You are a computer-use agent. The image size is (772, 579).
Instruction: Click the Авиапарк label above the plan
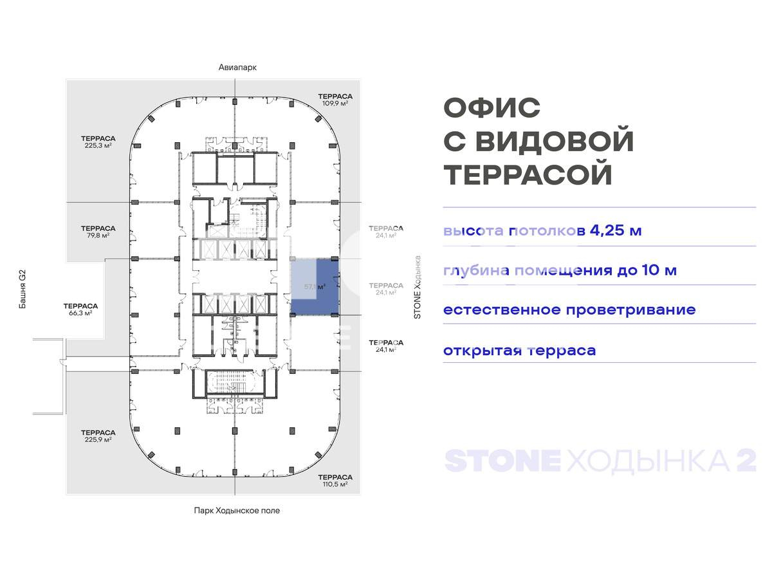[x=233, y=68]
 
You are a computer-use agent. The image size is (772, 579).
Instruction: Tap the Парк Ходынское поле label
[x=237, y=511]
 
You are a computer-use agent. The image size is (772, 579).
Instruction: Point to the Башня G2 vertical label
[x=22, y=291]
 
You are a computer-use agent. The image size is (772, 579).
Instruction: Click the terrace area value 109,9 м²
[x=335, y=103]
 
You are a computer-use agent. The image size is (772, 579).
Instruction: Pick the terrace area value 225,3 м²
[x=98, y=145]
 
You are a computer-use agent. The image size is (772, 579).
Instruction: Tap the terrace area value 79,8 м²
[x=98, y=235]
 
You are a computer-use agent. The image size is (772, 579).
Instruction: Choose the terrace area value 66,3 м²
[x=80, y=313]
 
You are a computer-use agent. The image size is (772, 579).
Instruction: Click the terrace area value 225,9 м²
[x=98, y=439]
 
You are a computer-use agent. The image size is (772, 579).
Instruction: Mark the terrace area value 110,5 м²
[x=335, y=484]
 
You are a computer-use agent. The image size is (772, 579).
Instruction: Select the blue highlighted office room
[x=314, y=286]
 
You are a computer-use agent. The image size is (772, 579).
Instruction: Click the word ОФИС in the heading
[x=492, y=107]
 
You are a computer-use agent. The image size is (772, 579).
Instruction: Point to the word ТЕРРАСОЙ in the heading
[x=528, y=175]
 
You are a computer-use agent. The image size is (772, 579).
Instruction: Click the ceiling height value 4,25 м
[x=616, y=230]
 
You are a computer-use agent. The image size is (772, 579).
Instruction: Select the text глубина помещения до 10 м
[x=560, y=270]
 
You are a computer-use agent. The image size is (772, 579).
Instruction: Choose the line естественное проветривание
[x=569, y=309]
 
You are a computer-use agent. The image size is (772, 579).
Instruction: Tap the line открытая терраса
[x=519, y=351]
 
